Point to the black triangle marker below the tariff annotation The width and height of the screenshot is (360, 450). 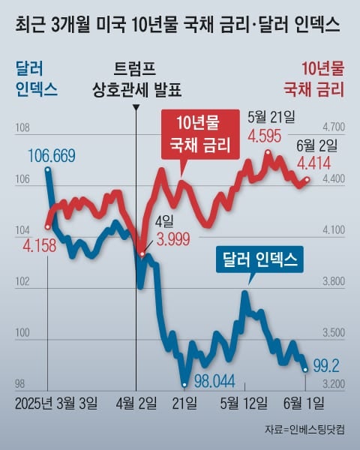tap(136, 107)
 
